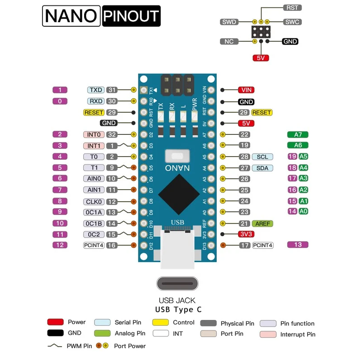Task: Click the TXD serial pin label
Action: point(96,90)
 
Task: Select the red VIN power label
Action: point(246,90)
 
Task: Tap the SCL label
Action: point(262,157)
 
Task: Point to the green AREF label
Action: point(262,224)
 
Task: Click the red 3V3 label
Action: point(246,234)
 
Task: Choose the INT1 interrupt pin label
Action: point(94,146)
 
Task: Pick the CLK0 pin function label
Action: point(94,201)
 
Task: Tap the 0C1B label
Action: point(94,224)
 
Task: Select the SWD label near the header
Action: point(229,22)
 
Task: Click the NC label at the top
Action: point(229,41)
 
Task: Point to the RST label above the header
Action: point(292,8)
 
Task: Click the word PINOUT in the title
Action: point(131,16)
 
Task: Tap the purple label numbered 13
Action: point(298,245)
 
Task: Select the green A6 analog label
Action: point(298,145)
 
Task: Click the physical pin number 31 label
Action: point(112,90)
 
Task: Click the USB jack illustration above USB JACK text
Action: point(177,284)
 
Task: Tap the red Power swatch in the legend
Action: point(55,322)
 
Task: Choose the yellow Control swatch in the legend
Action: point(160,322)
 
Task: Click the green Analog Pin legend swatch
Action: point(102,333)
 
